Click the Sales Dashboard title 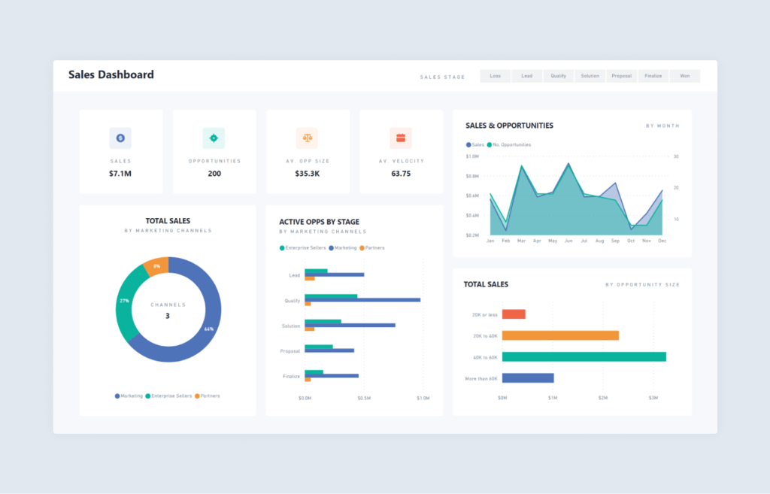point(111,74)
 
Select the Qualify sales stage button point(559,76)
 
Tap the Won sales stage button point(684,76)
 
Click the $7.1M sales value point(120,174)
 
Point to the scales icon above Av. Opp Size point(307,138)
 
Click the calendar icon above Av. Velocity point(401,138)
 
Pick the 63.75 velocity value point(401,174)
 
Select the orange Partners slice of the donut point(156,267)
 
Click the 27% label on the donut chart point(125,301)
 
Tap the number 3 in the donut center point(168,316)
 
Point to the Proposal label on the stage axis point(290,351)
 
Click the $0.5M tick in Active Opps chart point(364,398)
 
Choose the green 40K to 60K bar point(584,356)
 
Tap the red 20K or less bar point(514,314)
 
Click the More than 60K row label point(481,378)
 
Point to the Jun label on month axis point(568,241)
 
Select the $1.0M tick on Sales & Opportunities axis point(472,156)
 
